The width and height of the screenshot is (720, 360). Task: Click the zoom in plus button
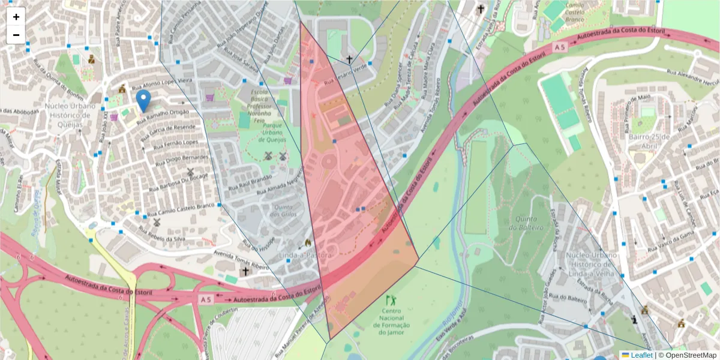[x=16, y=17]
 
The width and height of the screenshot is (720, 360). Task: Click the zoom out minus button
[x=16, y=35]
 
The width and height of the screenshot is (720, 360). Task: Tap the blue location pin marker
[x=143, y=100]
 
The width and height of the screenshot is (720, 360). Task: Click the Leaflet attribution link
[x=641, y=355]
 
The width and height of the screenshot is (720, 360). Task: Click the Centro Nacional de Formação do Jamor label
[x=392, y=322]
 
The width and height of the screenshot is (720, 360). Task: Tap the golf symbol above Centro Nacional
[x=391, y=299]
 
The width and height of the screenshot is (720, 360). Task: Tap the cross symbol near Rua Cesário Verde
[x=349, y=59]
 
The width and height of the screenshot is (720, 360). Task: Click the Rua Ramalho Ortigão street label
[x=163, y=116]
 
